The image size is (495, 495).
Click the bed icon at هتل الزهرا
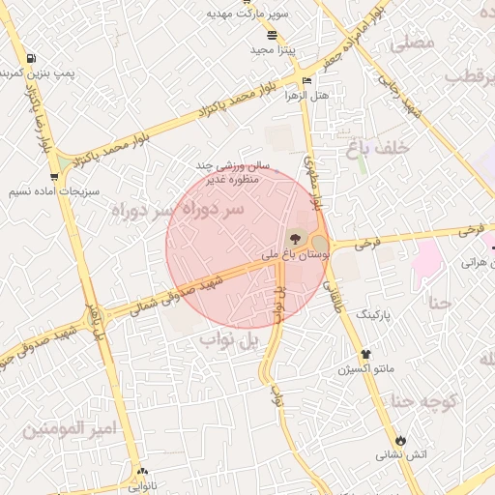pyautogui.click(x=307, y=80)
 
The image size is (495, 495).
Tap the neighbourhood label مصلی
pyautogui.click(x=410, y=44)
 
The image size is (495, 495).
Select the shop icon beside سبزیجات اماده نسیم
pyautogui.click(x=53, y=177)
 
